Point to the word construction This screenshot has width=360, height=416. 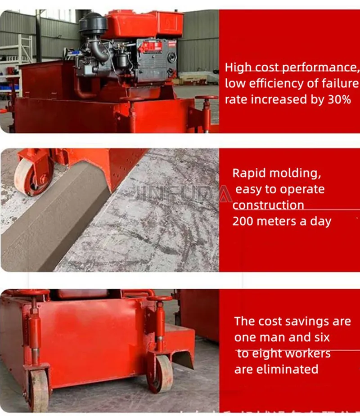click(268, 205)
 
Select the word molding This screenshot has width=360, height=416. click(295, 173)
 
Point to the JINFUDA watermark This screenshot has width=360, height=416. click(180, 193)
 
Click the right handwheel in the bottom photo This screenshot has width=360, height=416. click(160, 299)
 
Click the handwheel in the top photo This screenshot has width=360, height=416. click(207, 98)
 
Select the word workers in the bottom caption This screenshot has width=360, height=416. click(302, 353)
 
